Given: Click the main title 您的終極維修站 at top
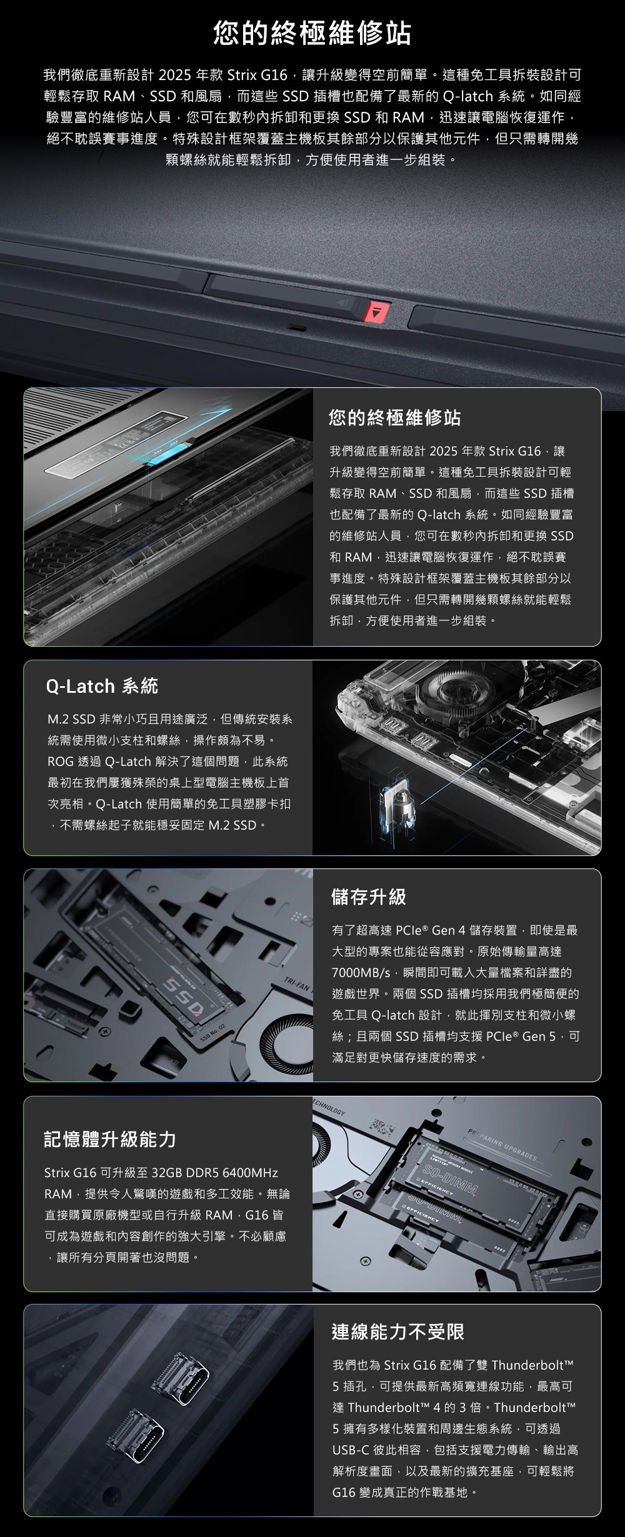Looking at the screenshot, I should [312, 32].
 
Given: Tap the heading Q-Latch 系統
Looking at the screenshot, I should [102, 687].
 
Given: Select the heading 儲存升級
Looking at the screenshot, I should [369, 897].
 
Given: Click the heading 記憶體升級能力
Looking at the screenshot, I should [110, 1139].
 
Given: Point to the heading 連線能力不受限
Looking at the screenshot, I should [398, 1332].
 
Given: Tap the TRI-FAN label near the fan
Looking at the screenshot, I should [297, 983].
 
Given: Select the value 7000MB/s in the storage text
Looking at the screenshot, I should [361, 973].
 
